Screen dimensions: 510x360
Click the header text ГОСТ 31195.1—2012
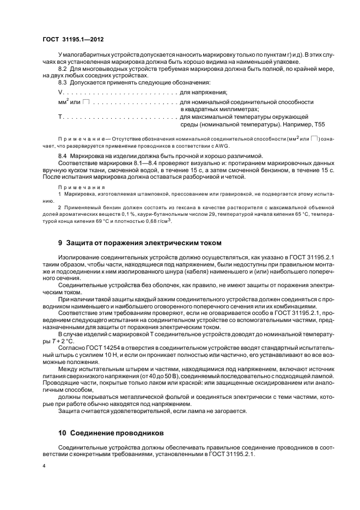click(74, 39)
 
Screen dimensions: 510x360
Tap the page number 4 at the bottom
click(44, 466)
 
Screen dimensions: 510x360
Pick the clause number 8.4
click(62, 155)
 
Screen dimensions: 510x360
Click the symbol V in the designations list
click(60, 93)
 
